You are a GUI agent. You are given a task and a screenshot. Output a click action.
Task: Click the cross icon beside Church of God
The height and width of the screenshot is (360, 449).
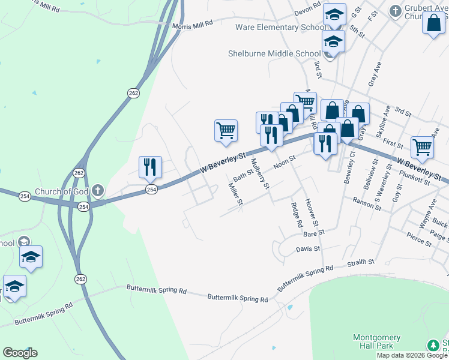coord(98,192)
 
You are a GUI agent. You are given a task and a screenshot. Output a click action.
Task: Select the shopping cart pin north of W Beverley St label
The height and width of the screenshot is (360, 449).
coord(226,130)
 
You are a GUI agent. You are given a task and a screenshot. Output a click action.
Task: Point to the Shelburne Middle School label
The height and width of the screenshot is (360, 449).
coord(274,53)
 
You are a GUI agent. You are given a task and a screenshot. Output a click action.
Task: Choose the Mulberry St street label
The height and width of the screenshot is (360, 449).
coord(258,172)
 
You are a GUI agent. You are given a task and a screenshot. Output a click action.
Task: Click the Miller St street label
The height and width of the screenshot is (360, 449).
coord(235,194)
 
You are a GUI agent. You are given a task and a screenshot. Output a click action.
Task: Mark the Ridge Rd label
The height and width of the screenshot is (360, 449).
coord(296,214)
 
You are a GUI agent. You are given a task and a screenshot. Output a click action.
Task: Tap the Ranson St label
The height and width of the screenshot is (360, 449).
coord(367,203)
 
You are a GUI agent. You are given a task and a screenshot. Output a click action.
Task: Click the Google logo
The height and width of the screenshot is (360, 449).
coord(20,353)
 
